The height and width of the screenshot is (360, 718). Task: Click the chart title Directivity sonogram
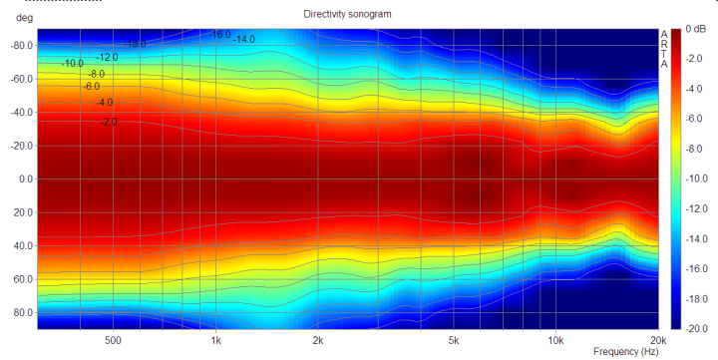[x=347, y=14]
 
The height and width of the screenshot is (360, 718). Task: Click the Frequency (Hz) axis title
[x=625, y=352]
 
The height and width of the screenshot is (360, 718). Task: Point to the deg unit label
[x=24, y=18]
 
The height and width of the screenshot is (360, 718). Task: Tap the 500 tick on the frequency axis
[x=113, y=340]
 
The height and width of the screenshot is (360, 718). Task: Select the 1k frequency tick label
[x=216, y=340]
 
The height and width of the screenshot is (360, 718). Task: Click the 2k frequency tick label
[x=318, y=340]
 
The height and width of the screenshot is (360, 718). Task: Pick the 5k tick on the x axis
[x=454, y=340]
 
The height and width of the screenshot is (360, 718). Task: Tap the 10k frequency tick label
[x=555, y=340]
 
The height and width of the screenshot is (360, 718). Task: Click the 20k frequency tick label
[x=658, y=340]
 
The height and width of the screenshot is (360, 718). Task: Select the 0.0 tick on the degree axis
[x=26, y=180]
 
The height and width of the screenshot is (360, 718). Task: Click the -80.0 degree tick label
[x=22, y=45]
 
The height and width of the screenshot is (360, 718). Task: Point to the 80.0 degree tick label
[x=24, y=313]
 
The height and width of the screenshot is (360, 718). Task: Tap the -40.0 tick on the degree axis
[x=22, y=113]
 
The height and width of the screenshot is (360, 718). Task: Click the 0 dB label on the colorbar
[x=696, y=29]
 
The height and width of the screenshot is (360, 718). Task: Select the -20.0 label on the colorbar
[x=696, y=328]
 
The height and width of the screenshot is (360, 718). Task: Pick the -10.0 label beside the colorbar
[x=696, y=179]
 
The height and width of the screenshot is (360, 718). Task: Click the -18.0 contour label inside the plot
[x=135, y=44]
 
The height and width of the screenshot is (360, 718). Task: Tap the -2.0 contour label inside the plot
[x=109, y=122]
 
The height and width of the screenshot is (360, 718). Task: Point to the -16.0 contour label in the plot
[x=219, y=34]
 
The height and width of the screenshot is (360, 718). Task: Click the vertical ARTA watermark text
[x=664, y=50]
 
